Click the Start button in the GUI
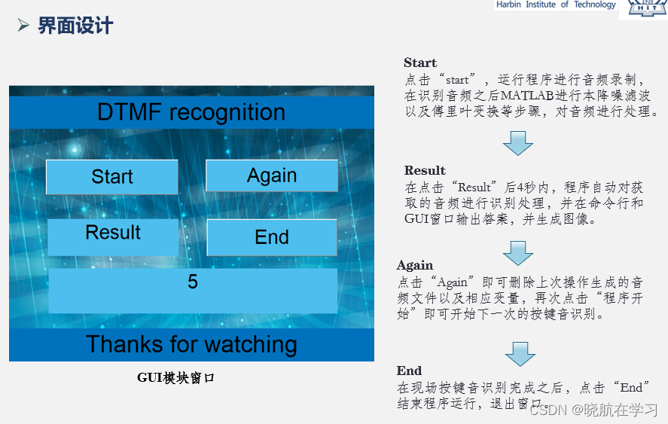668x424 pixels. [112, 177]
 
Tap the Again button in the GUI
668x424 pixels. [272, 175]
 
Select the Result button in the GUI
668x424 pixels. [113, 233]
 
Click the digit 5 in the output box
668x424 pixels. [193, 282]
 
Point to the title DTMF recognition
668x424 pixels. [191, 113]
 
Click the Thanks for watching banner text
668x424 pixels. [191, 344]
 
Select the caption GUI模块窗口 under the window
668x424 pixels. [176, 378]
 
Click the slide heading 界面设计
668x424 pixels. [75, 26]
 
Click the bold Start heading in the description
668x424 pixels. [420, 63]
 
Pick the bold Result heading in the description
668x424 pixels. [425, 170]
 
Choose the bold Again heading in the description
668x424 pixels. [415, 265]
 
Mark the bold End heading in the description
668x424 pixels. [409, 371]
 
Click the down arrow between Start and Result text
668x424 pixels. [517, 142]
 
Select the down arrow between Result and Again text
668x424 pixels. [517, 252]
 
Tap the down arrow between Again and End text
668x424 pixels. [520, 353]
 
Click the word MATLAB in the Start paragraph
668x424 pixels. [527, 96]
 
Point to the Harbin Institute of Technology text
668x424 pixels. [556, 5]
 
